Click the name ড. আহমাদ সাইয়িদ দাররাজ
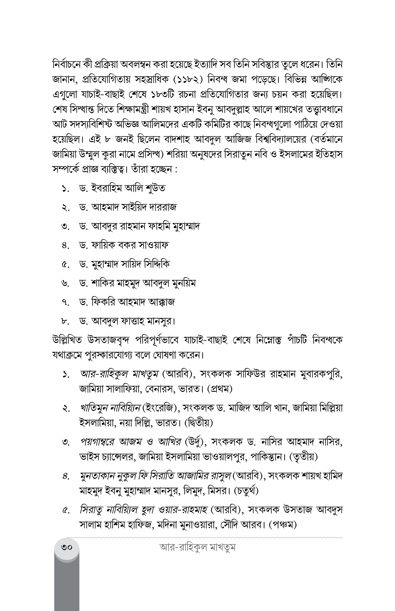[x=128, y=207]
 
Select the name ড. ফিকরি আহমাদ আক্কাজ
[x=127, y=302]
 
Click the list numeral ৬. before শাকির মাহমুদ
[x=66, y=283]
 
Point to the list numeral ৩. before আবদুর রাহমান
[x=66, y=226]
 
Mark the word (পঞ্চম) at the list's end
[x=283, y=525]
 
